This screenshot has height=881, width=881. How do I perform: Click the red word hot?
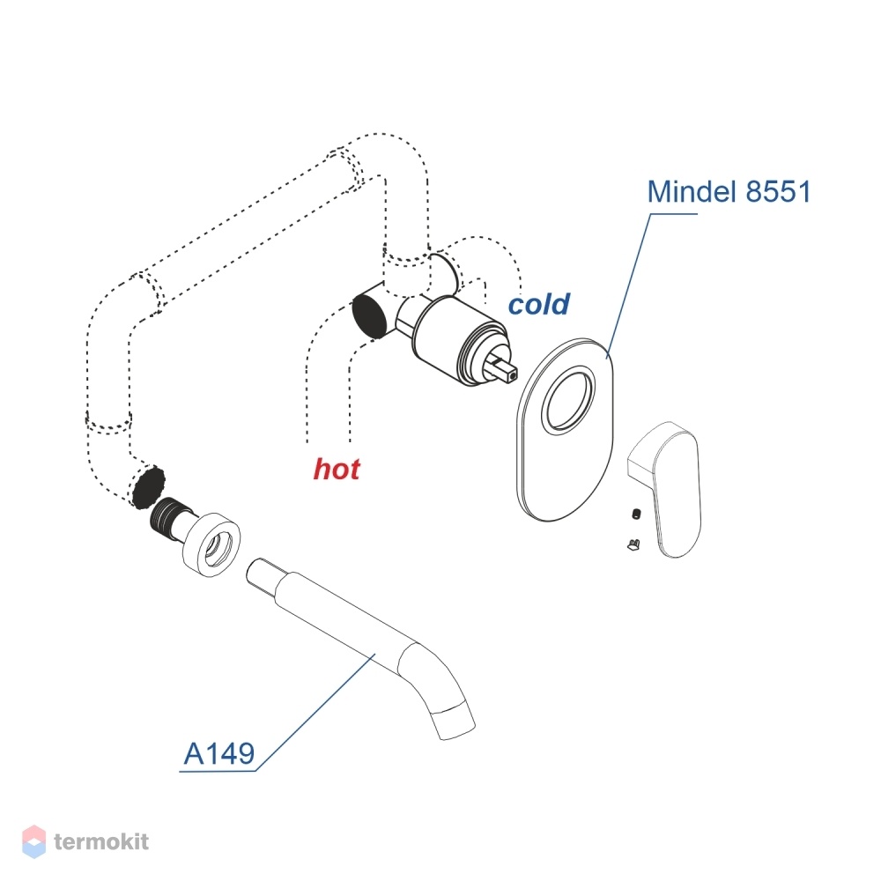point(337,469)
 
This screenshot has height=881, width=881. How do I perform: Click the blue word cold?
point(539,304)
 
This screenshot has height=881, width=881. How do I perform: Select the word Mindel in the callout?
point(692,191)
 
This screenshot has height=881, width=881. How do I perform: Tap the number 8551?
point(778,191)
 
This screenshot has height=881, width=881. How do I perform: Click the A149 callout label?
point(219,753)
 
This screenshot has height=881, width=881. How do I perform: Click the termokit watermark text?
point(101,841)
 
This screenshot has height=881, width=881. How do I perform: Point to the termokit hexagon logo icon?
point(33,841)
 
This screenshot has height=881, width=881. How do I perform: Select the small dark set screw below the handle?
point(636,514)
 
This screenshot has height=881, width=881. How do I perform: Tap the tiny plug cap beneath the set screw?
point(633,544)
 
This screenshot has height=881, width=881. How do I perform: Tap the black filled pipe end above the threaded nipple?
point(148,486)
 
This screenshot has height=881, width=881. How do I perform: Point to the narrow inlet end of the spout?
point(262,574)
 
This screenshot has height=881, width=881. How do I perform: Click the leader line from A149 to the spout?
point(315,712)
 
